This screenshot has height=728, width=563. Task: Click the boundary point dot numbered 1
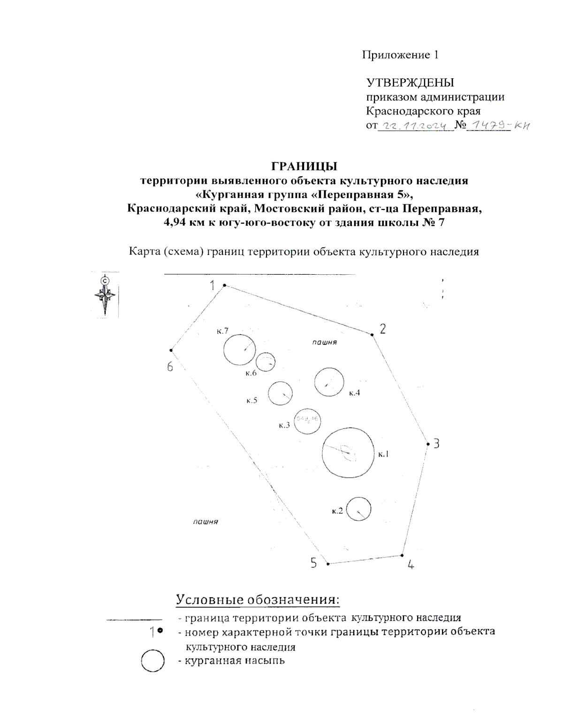point(224,285)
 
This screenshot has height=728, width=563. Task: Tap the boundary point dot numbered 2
point(372,335)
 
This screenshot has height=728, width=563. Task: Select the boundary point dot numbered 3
point(427,443)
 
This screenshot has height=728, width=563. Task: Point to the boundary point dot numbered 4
point(402,555)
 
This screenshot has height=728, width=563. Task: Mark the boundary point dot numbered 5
point(328,563)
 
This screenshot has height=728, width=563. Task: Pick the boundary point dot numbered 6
point(172,350)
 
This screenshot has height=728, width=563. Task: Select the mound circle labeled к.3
point(307,421)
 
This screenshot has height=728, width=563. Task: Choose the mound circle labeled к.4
point(329,383)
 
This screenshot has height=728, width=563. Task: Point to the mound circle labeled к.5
point(281,393)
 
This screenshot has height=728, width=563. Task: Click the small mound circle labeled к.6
point(266,362)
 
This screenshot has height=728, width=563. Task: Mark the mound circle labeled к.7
point(239,350)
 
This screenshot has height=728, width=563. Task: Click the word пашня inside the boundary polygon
point(325,342)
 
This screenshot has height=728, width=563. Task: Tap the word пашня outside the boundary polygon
point(205,521)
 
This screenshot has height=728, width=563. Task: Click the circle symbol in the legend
point(152,661)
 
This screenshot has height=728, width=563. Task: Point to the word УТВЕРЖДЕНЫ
point(410,83)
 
